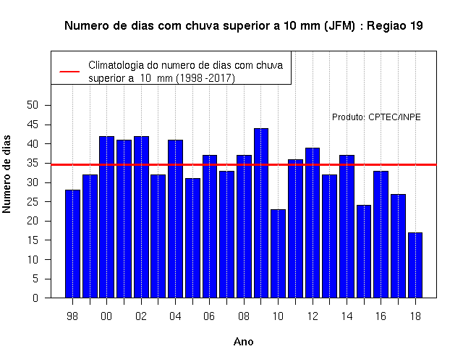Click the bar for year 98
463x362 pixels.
(x=72, y=244)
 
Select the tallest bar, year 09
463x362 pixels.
(x=261, y=213)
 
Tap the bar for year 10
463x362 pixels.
(x=278, y=253)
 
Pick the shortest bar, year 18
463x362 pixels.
(x=415, y=265)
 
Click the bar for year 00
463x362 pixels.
(x=106, y=217)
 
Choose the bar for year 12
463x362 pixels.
(x=313, y=223)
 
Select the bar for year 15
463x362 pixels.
(x=364, y=251)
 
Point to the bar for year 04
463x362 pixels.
(x=175, y=219)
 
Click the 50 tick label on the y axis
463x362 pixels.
(x=33, y=105)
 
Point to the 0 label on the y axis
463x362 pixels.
(x=35, y=298)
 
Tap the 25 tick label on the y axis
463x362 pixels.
(x=33, y=202)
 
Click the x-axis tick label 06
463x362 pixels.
(x=209, y=316)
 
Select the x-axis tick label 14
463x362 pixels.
(x=347, y=316)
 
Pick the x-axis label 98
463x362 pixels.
(x=72, y=316)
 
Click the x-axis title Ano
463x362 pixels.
(x=243, y=342)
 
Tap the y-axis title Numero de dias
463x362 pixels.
(x=7, y=174)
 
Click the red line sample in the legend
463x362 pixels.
(x=69, y=72)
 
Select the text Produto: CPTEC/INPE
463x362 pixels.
(x=376, y=117)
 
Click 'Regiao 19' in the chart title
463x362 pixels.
(x=395, y=26)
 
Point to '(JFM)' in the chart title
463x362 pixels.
(x=339, y=26)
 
